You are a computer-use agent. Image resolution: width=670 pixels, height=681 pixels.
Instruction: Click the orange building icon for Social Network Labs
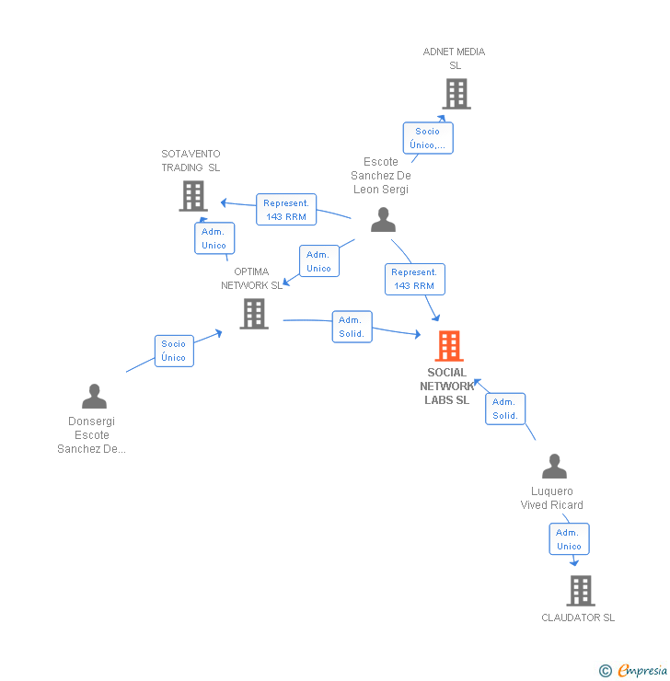pos(449,346)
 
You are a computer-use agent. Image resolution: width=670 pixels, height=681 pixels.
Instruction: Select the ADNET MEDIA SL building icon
pos(456,94)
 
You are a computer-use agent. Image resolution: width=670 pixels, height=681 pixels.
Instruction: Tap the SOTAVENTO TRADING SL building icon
pos(192,196)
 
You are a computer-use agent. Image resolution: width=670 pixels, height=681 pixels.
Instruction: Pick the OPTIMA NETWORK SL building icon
pos(254,314)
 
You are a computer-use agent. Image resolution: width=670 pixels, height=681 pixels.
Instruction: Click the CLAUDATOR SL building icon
pos(580,590)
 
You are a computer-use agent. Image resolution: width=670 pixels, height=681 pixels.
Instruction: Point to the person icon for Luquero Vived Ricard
pos(554,467)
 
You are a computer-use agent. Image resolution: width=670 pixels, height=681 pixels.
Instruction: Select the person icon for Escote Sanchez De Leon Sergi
pos(383,220)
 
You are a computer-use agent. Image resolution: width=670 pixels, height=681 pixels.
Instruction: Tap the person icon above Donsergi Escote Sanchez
pos(94,397)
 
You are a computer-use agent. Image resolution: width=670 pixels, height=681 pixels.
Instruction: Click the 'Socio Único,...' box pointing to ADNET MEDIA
pos(428,138)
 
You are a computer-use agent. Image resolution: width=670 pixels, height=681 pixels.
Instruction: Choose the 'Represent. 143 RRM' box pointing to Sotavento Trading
pos(286,210)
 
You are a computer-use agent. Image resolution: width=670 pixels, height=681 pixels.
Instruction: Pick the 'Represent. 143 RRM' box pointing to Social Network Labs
pos(414,279)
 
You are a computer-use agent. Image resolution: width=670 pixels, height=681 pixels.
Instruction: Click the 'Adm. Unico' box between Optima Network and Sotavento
pos(214,238)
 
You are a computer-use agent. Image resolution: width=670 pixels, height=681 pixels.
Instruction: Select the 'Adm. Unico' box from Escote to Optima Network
pos(318,261)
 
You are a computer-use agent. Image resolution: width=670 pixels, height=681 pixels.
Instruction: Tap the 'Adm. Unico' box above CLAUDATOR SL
pos(569,539)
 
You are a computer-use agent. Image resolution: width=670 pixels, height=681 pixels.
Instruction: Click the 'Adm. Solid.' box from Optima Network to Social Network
pos(352,327)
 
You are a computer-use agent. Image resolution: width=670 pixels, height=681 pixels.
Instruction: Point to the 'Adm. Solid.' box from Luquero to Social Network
pos(505,409)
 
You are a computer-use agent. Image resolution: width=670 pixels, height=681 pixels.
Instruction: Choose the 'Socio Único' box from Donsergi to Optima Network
pos(174,351)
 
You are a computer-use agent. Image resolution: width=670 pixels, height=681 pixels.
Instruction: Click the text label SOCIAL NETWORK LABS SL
pos(447,387)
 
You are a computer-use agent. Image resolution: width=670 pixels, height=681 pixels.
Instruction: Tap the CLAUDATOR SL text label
pos(578,618)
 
